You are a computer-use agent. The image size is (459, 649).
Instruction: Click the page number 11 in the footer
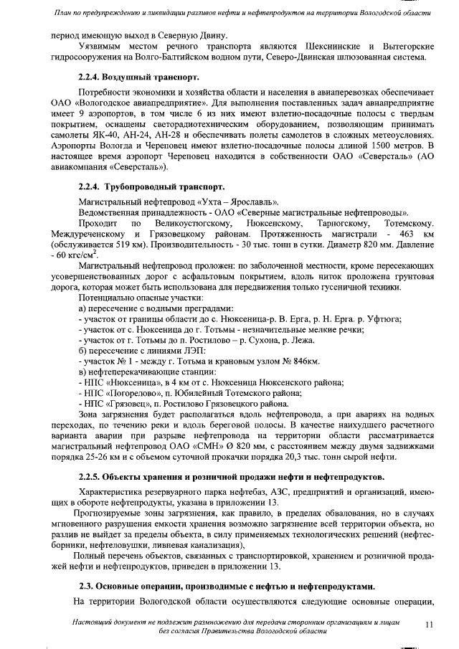(x=429, y=625)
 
